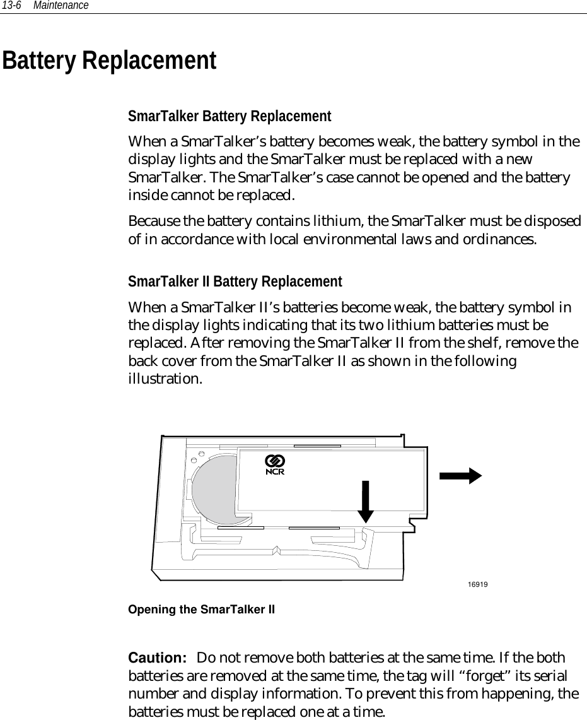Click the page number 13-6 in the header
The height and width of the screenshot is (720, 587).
click(x=12, y=6)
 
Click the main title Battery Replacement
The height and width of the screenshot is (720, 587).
click(x=109, y=61)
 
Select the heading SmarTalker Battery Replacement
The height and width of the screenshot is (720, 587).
click(x=230, y=117)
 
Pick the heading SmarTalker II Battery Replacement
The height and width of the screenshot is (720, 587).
click(x=235, y=281)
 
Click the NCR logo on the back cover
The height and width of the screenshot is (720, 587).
click(x=275, y=464)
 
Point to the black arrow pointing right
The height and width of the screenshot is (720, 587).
click(x=462, y=476)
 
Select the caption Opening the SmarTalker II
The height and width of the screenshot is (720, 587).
click(x=202, y=610)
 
